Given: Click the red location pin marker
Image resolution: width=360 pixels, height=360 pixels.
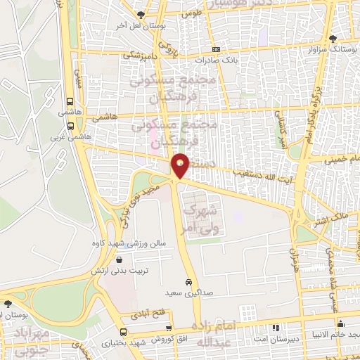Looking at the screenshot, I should [181, 165].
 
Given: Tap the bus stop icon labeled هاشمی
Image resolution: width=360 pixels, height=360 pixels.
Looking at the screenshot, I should [70, 100].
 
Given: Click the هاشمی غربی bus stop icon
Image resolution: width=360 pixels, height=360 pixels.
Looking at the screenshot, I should [70, 126].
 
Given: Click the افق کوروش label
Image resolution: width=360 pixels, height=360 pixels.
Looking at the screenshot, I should [176, 341].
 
